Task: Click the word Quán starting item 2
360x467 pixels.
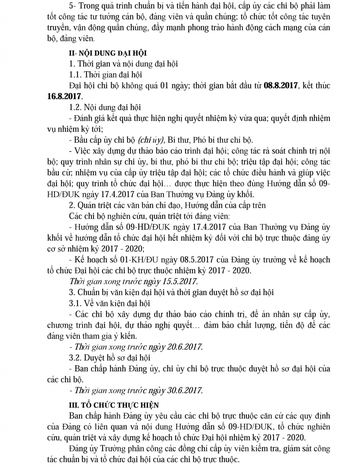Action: [85, 205]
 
